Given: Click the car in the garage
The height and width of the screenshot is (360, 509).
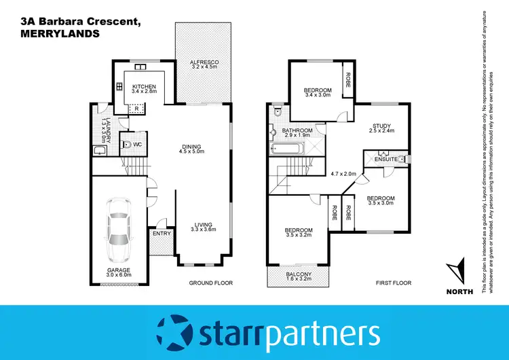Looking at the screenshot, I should pos(117,231).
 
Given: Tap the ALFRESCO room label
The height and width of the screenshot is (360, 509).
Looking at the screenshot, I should pos(203,62).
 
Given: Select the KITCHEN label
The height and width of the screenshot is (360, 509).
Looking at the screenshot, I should pos(144,86).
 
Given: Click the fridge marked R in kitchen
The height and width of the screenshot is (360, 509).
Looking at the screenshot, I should pos(136,108).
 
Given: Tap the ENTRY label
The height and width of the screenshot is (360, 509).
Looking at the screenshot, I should pos(162,234).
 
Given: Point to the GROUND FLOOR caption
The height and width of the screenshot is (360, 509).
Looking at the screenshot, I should pos(210,283).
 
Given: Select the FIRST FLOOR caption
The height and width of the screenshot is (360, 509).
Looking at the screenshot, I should pos(393,283).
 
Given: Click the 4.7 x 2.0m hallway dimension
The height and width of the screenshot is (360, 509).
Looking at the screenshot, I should pos(343,173).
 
